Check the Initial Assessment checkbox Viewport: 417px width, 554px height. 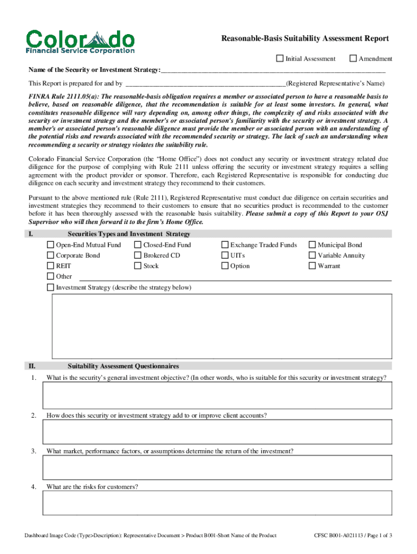(x=280, y=58)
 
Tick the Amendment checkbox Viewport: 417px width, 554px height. (x=353, y=58)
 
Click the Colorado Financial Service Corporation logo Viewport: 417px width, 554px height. (x=80, y=42)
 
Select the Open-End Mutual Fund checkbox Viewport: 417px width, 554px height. (x=51, y=245)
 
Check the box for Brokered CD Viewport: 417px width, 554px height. (x=138, y=255)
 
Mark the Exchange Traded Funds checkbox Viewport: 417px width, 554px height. (x=225, y=245)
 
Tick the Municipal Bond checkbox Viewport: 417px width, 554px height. (x=312, y=245)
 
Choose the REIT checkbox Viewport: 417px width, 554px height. (x=51, y=266)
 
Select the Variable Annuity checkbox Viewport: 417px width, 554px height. (x=312, y=255)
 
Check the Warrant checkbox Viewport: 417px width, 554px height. (x=312, y=266)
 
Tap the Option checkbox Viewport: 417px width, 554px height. (x=225, y=266)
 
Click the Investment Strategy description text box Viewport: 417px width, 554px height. (x=221, y=326)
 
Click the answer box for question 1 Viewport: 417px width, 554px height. (x=217, y=395)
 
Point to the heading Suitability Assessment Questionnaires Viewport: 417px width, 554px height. (x=123, y=366)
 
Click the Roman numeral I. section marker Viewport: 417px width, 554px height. (x=31, y=234)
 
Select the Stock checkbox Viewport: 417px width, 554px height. (x=138, y=266)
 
